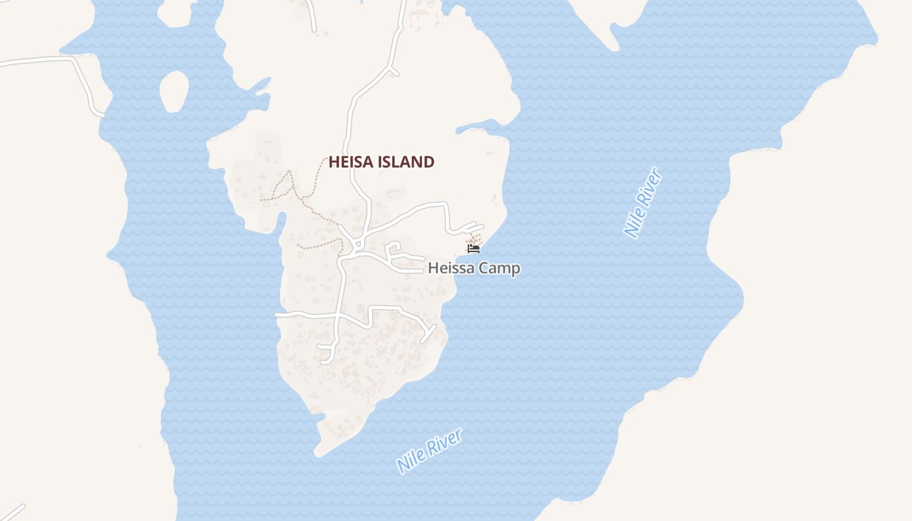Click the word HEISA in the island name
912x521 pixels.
(352, 162)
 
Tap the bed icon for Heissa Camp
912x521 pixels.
(474, 249)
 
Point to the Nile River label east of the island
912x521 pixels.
(644, 203)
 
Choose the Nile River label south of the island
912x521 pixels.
(429, 451)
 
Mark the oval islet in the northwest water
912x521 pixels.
(173, 91)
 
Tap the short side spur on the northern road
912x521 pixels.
(393, 70)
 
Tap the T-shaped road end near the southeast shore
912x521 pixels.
(429, 332)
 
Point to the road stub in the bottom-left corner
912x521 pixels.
(13, 513)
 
